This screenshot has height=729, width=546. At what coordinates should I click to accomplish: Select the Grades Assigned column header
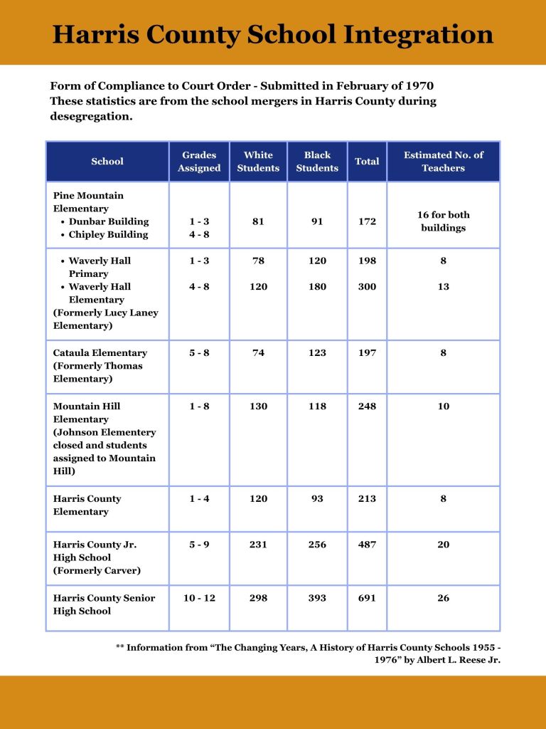coord(199,162)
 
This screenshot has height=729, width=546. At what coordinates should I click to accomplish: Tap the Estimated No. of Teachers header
coord(443,162)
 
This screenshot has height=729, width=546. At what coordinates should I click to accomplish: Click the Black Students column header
coord(317,162)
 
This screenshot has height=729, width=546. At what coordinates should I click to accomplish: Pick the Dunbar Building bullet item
coord(109,221)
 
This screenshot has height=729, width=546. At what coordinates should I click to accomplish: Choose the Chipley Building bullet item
coord(108,234)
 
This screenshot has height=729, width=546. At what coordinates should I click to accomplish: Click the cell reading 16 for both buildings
coord(443,221)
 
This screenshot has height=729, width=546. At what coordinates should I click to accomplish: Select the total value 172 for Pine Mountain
coord(367,221)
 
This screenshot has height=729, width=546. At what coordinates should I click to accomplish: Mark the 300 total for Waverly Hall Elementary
coord(367,287)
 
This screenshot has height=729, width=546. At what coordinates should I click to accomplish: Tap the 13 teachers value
coord(443,287)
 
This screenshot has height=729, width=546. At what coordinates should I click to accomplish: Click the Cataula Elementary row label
coord(100,353)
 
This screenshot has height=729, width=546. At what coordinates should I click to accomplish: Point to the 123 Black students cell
coord(317,353)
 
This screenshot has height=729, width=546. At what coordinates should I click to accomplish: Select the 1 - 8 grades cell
coord(199,407)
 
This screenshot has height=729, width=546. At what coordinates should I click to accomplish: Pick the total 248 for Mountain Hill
coord(367,407)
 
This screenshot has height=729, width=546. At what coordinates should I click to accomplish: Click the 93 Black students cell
coord(317,499)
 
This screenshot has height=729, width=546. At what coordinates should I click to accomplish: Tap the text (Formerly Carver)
coord(97,571)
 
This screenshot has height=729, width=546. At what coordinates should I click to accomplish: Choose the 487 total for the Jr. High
coord(367,545)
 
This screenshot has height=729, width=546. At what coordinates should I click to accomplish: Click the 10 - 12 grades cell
coord(199,598)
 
